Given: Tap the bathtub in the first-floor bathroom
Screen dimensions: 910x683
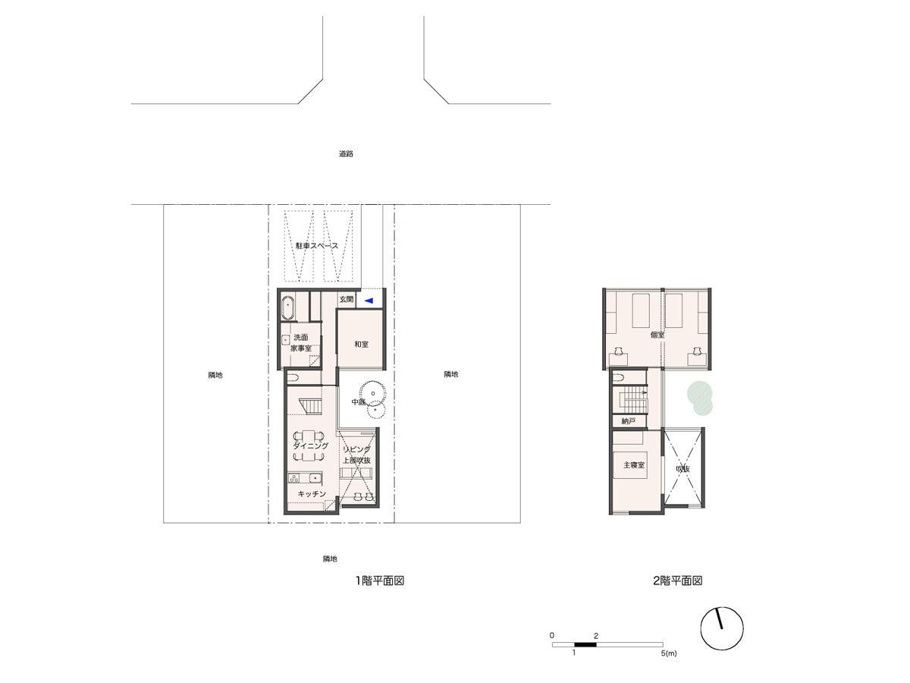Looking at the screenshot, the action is point(287,308).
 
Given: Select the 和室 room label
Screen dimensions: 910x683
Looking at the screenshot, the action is point(361,344).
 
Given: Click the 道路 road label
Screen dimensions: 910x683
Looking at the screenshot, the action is point(346,154).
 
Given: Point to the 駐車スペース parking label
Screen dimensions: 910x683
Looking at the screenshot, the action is point(317,245).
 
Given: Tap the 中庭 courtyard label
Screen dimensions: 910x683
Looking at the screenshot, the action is point(358,402).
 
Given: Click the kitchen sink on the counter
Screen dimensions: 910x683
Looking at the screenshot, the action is point(315,479).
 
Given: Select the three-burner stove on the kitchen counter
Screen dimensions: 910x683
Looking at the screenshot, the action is point(294,479).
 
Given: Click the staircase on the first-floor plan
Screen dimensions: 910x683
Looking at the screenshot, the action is point(310,405).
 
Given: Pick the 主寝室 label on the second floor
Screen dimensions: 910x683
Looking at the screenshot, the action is point(633,465).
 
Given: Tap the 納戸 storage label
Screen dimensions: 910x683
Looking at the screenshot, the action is point(629,421).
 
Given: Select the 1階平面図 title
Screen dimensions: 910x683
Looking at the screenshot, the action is point(380,581).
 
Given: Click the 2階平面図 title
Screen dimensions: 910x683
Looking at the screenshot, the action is point(677,581).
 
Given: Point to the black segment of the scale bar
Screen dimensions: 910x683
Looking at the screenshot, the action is point(585,644).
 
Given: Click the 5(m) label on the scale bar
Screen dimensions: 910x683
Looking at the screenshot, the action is point(669,653).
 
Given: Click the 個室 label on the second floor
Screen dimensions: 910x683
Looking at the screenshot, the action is point(657,335).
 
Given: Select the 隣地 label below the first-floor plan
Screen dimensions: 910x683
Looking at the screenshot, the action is point(330,559).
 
